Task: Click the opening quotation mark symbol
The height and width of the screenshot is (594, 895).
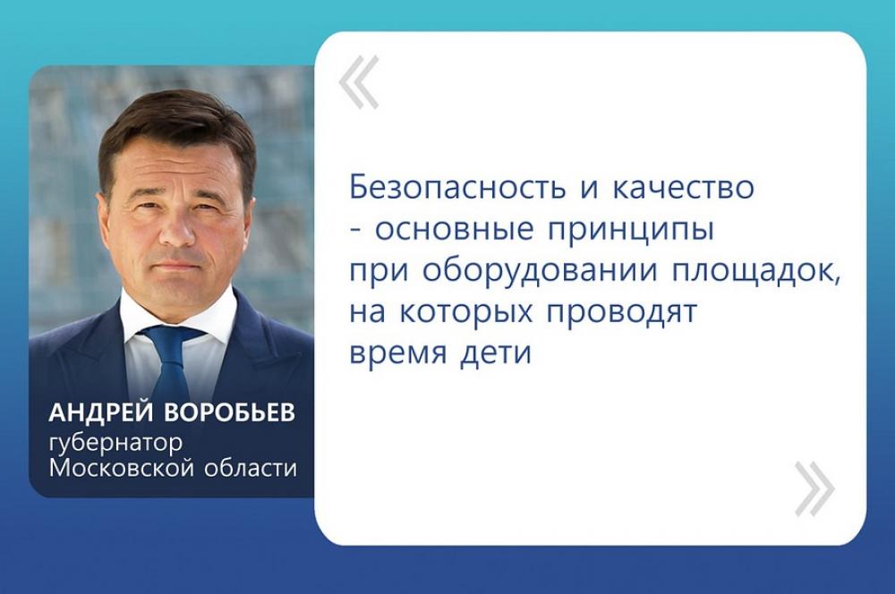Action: [359, 81]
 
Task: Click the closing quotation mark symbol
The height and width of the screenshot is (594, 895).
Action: [814, 489]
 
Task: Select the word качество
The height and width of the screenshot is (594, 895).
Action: [683, 188]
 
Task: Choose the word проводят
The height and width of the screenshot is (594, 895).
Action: [623, 312]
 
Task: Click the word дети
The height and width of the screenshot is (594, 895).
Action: [496, 353]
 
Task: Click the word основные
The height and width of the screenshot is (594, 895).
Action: [455, 230]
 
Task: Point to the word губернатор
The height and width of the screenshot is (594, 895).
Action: [116, 444]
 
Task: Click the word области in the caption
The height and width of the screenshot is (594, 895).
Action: [247, 468]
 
